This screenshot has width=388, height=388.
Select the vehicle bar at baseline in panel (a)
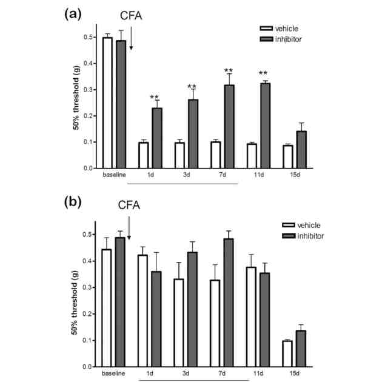(x=108, y=102)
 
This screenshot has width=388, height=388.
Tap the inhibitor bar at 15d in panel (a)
(x=301, y=149)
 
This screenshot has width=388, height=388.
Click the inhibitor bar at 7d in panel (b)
(x=229, y=303)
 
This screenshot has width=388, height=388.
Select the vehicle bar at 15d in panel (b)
(x=287, y=353)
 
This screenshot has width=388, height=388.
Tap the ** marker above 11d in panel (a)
(x=263, y=75)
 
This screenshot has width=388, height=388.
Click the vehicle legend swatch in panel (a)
(x=265, y=28)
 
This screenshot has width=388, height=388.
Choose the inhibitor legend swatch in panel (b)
(x=266, y=236)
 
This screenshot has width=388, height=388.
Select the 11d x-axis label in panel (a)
(x=258, y=176)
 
